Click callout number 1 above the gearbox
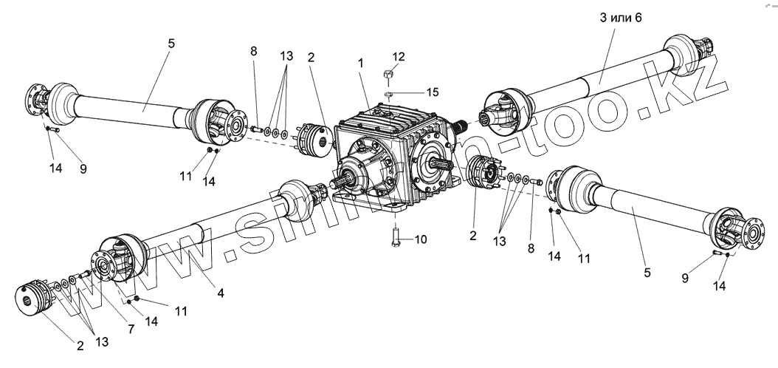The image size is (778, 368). coord(361,64)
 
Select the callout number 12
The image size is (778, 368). coord(399,57)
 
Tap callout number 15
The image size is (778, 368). coord(433,92)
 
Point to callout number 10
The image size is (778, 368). coord(421,239)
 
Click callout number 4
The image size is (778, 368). coord(221,293)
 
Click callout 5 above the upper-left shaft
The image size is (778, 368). coord(171,44)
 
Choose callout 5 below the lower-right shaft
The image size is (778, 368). coord(647,273)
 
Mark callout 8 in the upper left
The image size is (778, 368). coord(254,52)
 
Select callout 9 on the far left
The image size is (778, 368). coord(83,168)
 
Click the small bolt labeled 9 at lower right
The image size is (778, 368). coord(715,253)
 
